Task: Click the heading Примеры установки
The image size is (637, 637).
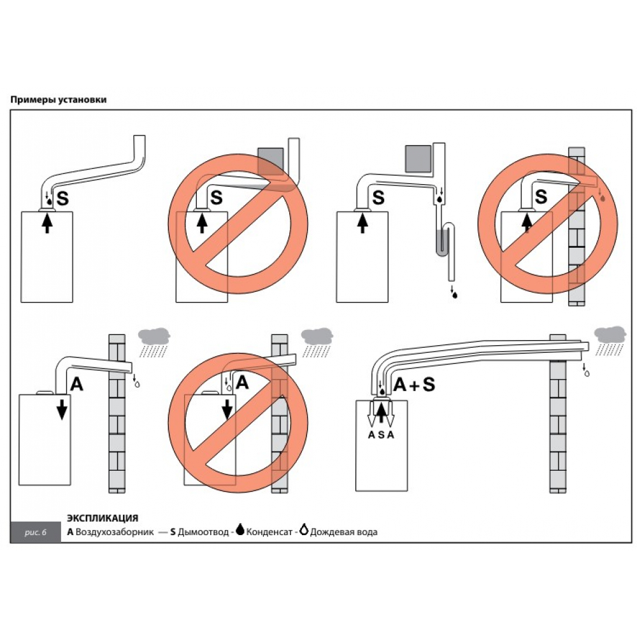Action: point(58,100)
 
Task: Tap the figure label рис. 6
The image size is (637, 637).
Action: point(36,532)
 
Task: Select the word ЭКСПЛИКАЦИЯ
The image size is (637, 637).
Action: point(103,519)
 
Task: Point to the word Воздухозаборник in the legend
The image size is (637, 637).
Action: point(115,532)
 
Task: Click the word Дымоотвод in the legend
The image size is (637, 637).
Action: point(203,532)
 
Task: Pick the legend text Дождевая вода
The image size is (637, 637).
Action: point(344,532)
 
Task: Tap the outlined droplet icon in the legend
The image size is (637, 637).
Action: point(304,530)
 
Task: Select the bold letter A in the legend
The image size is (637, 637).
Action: point(70,532)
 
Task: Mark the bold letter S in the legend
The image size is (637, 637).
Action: point(173,532)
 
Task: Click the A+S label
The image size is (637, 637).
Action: point(414,384)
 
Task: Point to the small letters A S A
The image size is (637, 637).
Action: point(381,434)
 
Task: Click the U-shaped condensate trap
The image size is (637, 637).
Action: point(445,242)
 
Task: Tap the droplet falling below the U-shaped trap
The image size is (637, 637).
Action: point(454,294)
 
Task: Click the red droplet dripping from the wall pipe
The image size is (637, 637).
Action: point(601,198)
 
